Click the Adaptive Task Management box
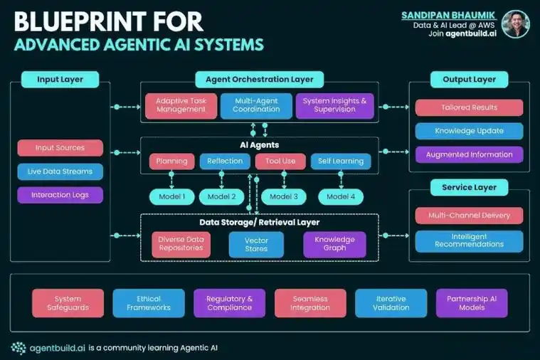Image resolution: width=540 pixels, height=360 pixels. pyautogui.click(x=181, y=106)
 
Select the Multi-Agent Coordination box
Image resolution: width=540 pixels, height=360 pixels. pyautogui.click(x=255, y=106)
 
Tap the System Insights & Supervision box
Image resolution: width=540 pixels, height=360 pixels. pyautogui.click(x=334, y=106)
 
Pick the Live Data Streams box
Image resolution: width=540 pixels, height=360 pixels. pyautogui.click(x=60, y=171)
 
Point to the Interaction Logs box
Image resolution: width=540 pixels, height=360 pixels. pyautogui.click(x=60, y=194)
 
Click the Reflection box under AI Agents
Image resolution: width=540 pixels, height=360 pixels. pyautogui.click(x=225, y=162)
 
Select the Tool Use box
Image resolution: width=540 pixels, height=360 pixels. pyautogui.click(x=280, y=162)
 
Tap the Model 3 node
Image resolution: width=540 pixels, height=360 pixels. pyautogui.click(x=284, y=196)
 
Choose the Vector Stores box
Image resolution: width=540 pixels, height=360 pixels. pyautogui.click(x=256, y=245)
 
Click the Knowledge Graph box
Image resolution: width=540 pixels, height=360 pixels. pyautogui.click(x=334, y=245)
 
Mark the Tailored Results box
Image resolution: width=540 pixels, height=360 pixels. pyautogui.click(x=469, y=107)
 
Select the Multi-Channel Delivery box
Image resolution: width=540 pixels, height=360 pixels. pyautogui.click(x=469, y=215)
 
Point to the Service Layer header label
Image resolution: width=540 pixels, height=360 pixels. pyautogui.click(x=469, y=188)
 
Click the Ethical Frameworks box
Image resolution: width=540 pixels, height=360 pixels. pyautogui.click(x=149, y=303)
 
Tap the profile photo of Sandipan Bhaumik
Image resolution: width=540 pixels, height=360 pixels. pyautogui.click(x=516, y=24)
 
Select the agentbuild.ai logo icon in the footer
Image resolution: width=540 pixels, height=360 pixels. pyautogui.click(x=18, y=347)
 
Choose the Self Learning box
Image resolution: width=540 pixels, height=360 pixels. pyautogui.click(x=341, y=162)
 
